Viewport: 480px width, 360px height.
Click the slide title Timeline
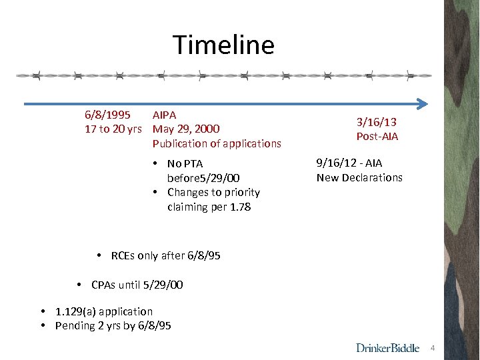point(223,45)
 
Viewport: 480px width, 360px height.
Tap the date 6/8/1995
point(107,115)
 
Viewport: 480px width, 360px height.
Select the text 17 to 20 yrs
point(113,129)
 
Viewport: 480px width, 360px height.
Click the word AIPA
point(165,115)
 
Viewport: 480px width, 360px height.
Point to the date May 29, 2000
point(186,129)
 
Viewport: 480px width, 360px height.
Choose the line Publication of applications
point(217,143)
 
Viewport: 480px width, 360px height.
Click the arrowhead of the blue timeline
point(421,104)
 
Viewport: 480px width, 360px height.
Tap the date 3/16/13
point(377,122)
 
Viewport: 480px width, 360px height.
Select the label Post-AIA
point(377,137)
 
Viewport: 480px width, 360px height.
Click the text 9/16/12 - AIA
point(349,163)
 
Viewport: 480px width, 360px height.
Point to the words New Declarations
point(359,177)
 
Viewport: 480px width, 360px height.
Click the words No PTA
point(185,163)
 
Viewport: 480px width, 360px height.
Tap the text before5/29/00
point(203,177)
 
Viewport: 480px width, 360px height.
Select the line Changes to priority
point(213,192)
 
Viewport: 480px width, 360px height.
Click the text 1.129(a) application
point(103,311)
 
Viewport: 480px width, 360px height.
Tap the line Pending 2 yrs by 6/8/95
point(113,326)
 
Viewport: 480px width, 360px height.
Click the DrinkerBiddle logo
point(388,347)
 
